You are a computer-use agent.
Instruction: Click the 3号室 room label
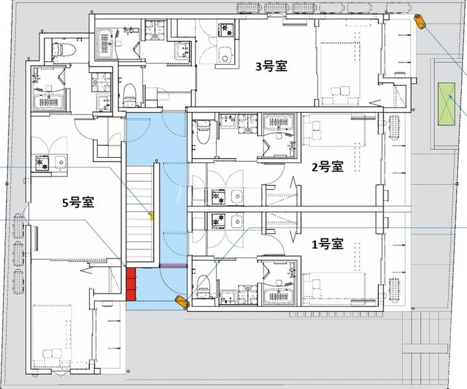(x=271, y=66)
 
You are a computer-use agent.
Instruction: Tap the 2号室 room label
(x=327, y=167)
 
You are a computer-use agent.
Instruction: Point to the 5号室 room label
(x=78, y=202)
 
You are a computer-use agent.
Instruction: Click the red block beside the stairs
(x=132, y=284)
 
